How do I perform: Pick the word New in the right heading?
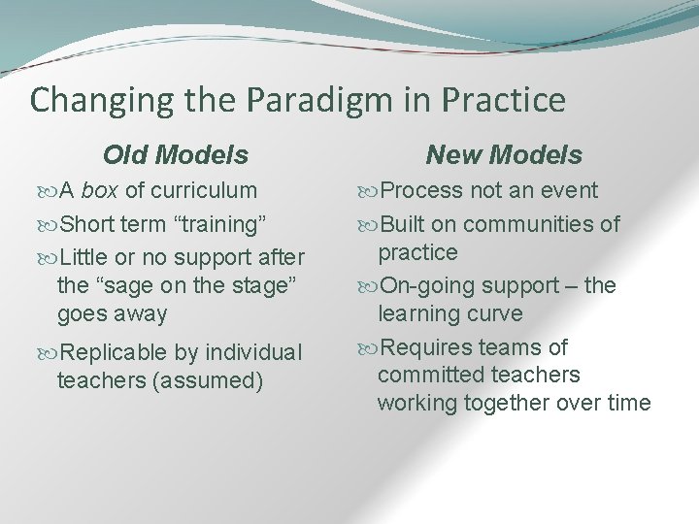454,154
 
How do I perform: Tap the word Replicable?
113,351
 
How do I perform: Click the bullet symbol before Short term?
50,225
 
